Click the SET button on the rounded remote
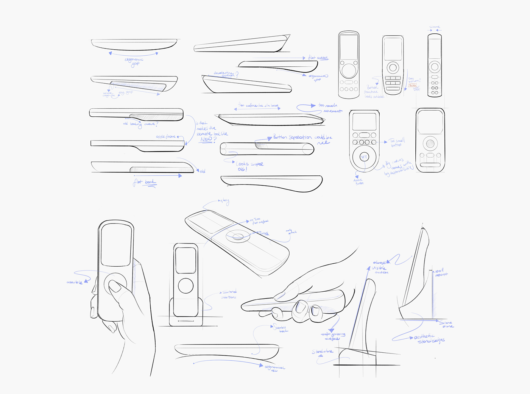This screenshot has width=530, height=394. coord(364,157)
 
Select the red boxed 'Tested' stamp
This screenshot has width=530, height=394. coord(412,85)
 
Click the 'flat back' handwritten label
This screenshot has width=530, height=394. coord(145,183)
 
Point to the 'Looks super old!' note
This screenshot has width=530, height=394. coord(249,166)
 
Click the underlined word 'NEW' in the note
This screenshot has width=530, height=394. coord(206,139)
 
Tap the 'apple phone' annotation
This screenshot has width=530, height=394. coord(165,136)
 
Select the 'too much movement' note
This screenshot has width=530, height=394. coord(329,108)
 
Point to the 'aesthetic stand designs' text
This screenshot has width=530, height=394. coord(430,339)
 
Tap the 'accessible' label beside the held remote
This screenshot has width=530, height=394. coord(75,282)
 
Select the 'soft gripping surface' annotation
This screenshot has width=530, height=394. coord(333,336)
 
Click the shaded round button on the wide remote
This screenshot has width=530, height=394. coord(430,144)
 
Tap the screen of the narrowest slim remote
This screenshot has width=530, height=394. coord(435,48)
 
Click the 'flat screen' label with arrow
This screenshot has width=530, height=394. coord(318,58)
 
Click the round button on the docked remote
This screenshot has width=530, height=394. coord(185,285)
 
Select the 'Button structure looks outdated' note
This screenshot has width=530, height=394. coord(373,92)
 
